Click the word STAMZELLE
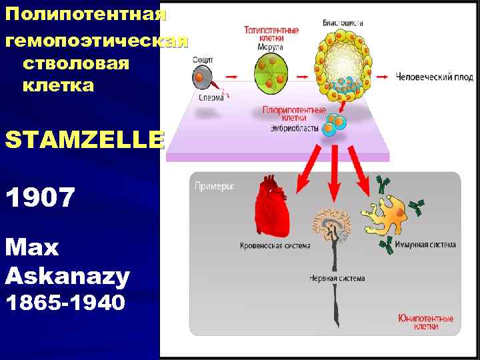click(83, 141)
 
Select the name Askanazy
click(67, 275)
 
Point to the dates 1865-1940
click(65, 303)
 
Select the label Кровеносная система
click(275, 246)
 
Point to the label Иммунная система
click(425, 245)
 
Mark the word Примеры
click(214, 187)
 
